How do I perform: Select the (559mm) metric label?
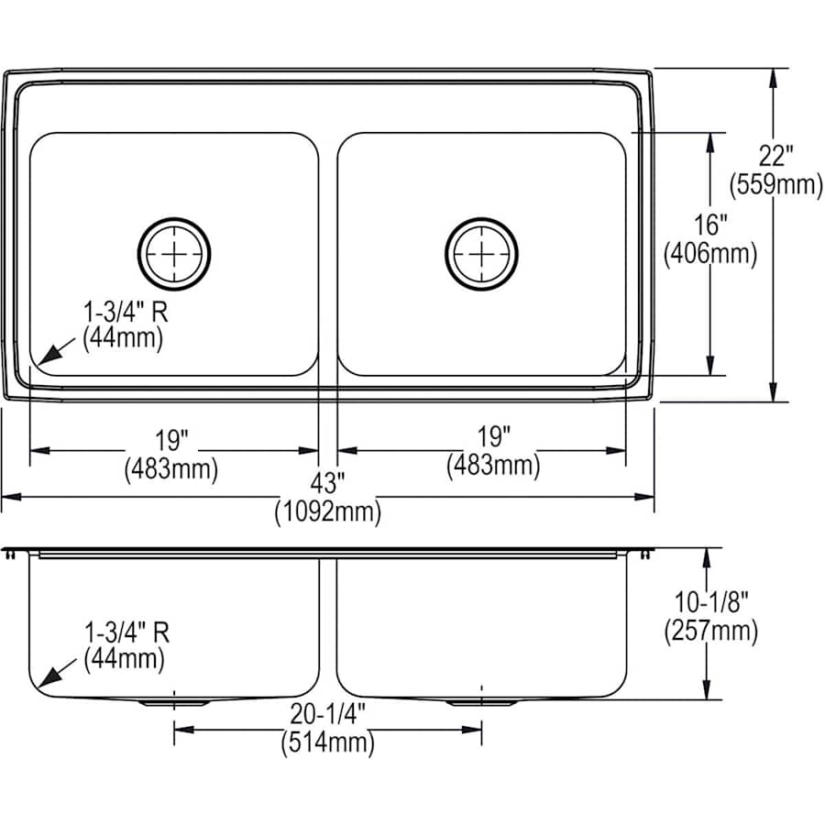pyautogui.click(x=775, y=185)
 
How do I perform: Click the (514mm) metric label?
pyautogui.click(x=327, y=743)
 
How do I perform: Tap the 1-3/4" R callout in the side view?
pyautogui.click(x=126, y=632)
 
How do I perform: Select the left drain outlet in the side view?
pyautogui.click(x=174, y=701)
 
